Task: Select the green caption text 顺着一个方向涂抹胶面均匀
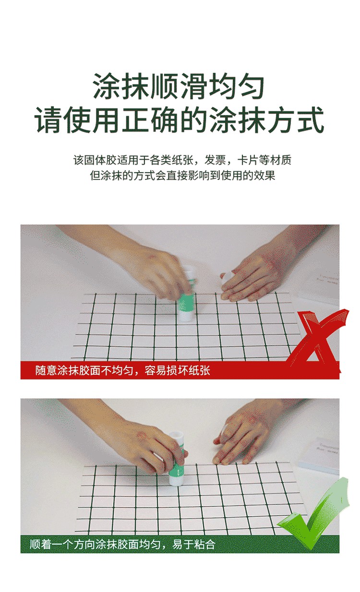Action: [95, 545]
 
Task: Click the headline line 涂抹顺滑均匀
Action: [179, 86]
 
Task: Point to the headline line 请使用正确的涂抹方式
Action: [180, 119]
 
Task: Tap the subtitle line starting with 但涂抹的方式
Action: [183, 175]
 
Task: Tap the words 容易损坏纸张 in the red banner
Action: [177, 370]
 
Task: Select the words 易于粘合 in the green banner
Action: [193, 545]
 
